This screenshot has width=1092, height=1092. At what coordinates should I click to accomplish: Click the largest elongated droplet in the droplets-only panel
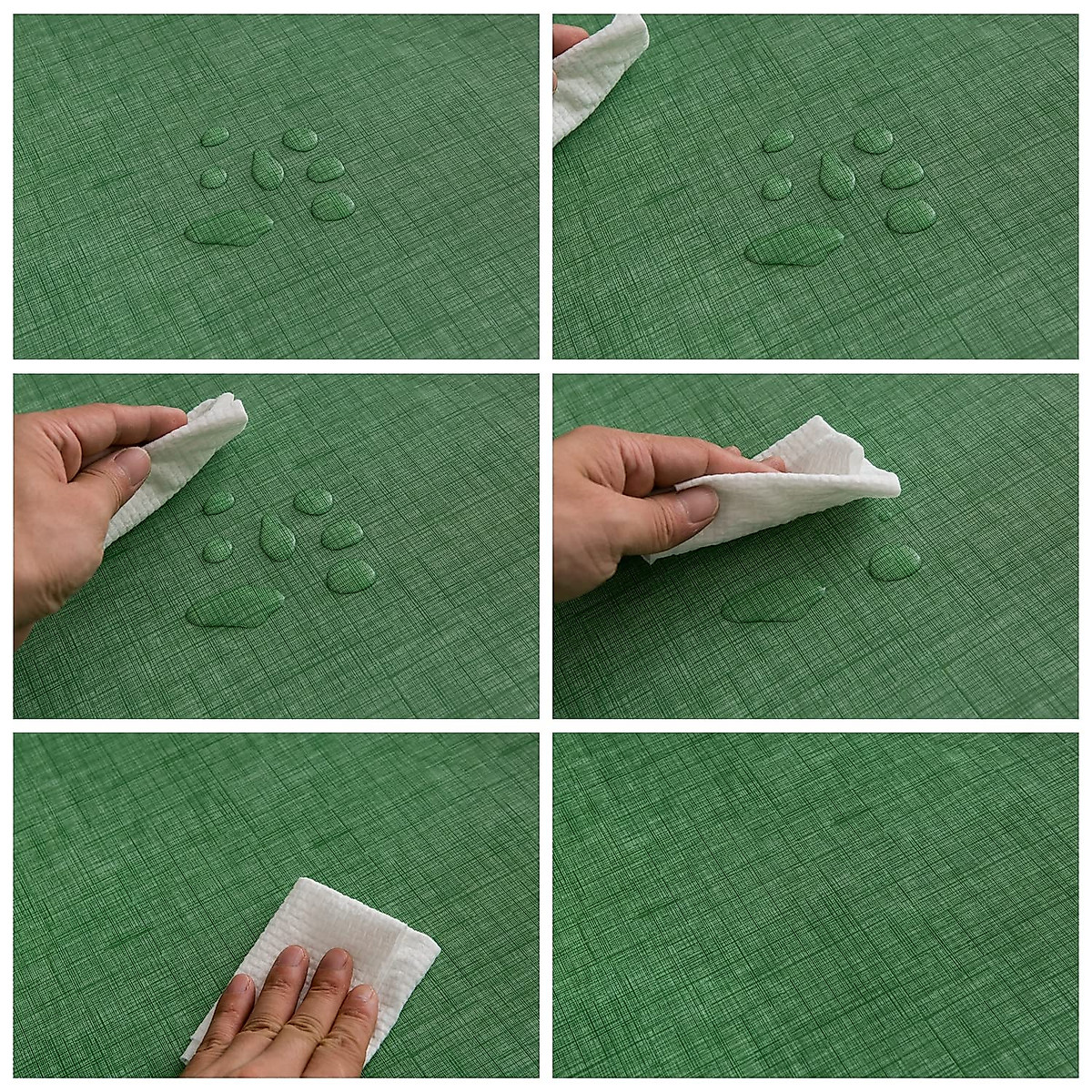(x=228, y=230)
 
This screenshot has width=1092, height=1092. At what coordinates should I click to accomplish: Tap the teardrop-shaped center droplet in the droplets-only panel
(x=268, y=168)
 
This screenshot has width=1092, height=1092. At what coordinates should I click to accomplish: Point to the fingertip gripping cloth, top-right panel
(x=568, y=38)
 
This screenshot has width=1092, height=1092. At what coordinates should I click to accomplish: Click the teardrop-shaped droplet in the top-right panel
(x=836, y=175)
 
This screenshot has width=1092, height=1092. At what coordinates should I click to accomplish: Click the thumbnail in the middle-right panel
(x=700, y=503)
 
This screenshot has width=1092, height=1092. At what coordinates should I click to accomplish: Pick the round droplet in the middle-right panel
(x=894, y=562)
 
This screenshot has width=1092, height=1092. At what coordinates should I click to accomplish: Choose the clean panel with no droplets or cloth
(x=814, y=905)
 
